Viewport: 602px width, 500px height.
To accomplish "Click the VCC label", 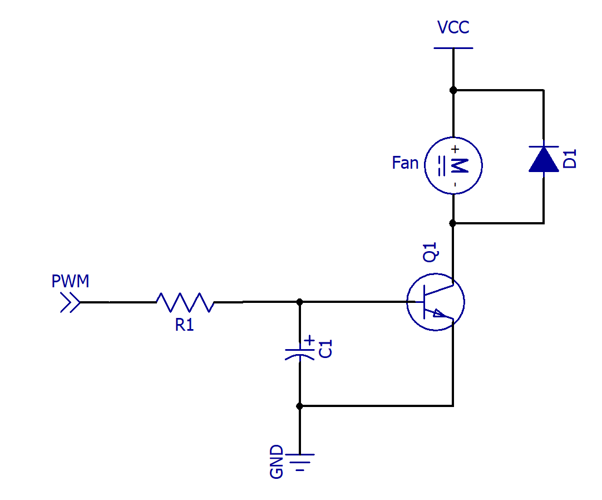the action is [453, 27].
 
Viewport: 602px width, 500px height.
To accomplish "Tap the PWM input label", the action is [70, 281].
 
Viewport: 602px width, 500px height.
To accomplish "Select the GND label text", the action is [277, 462].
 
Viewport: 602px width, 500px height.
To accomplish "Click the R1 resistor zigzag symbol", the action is [185, 302].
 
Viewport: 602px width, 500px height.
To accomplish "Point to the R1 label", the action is [184, 325].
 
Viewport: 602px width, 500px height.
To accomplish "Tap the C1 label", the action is [325, 349].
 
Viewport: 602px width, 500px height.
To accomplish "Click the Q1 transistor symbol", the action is [436, 302].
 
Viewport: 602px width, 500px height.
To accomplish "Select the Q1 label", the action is [430, 252].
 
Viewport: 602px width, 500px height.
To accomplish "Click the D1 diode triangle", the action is [544, 159].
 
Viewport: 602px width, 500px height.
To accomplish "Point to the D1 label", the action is [570, 159].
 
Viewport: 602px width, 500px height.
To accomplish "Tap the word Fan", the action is [405, 163].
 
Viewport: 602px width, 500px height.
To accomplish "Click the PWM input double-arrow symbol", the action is [70, 302].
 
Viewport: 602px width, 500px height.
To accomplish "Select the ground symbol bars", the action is [300, 462].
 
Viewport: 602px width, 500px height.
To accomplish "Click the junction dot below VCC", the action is [453, 90].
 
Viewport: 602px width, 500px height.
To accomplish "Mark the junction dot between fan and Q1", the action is [453, 223].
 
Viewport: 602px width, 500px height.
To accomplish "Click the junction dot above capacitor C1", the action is [300, 302].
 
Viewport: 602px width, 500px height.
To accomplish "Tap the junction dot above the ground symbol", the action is [300, 406].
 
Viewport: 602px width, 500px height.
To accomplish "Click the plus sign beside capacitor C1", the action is [309, 340].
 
